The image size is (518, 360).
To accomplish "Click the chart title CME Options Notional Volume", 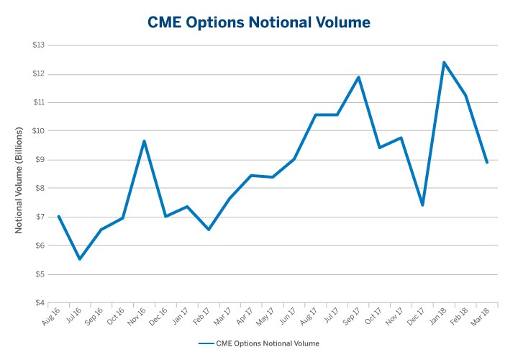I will pyautogui.click(x=259, y=23).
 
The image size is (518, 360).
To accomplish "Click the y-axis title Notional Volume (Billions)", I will pyautogui.click(x=19, y=180).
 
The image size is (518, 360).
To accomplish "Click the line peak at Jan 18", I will pyautogui.click(x=444, y=62).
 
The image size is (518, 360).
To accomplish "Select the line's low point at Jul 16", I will pyautogui.click(x=79, y=259).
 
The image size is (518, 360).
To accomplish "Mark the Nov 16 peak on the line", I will pyautogui.click(x=144, y=141).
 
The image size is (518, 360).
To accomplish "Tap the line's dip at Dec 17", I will pyautogui.click(x=422, y=205).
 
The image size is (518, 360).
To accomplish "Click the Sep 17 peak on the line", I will pyautogui.click(x=358, y=77).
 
